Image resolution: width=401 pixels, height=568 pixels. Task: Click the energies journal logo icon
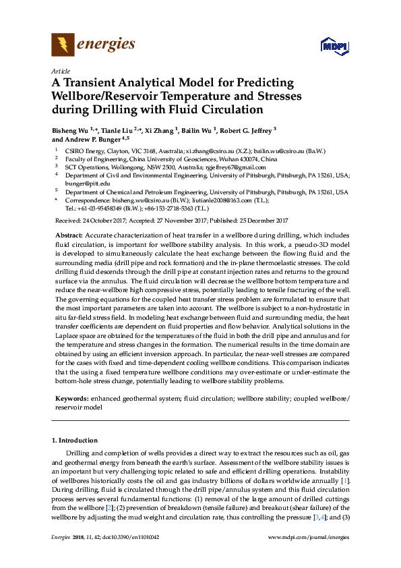coord(63,45)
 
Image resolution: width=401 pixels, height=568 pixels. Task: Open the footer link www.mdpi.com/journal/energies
coord(309,555)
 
